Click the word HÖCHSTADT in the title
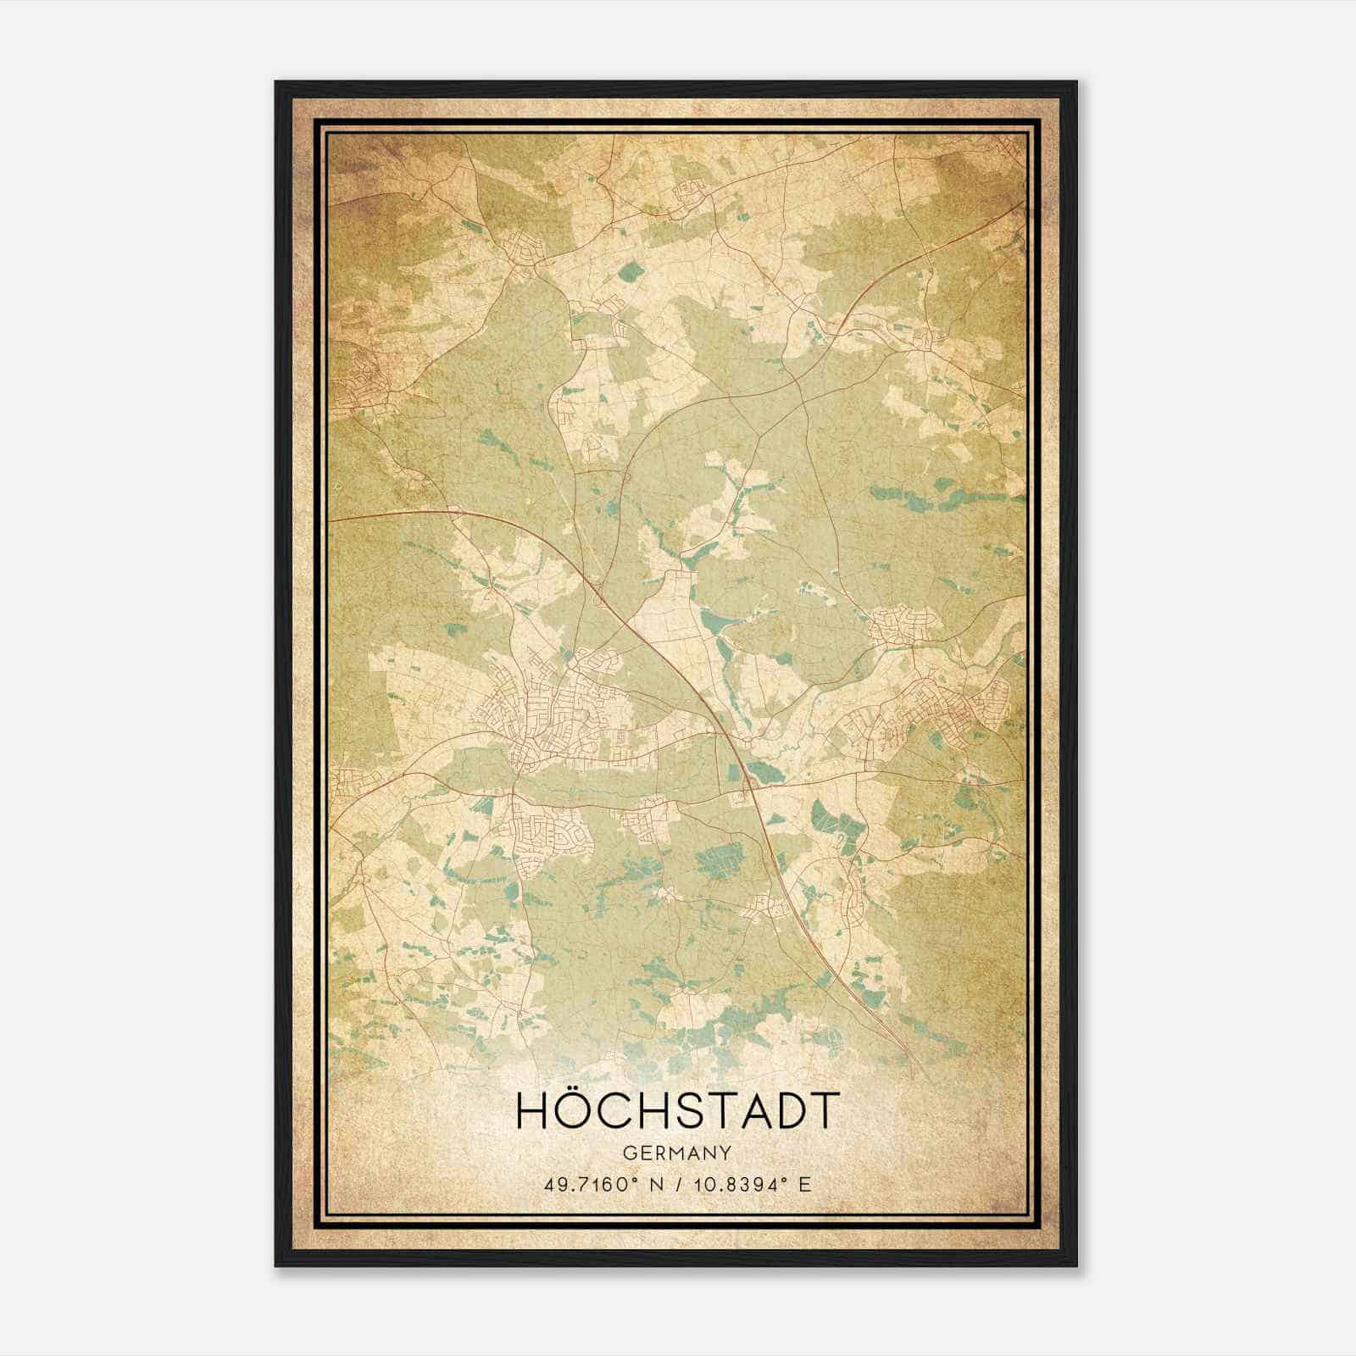(677, 1111)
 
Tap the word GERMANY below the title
(677, 1153)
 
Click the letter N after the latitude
(654, 1184)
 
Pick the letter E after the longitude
(805, 1184)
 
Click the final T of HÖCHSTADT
(820, 1111)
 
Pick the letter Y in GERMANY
(727, 1153)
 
